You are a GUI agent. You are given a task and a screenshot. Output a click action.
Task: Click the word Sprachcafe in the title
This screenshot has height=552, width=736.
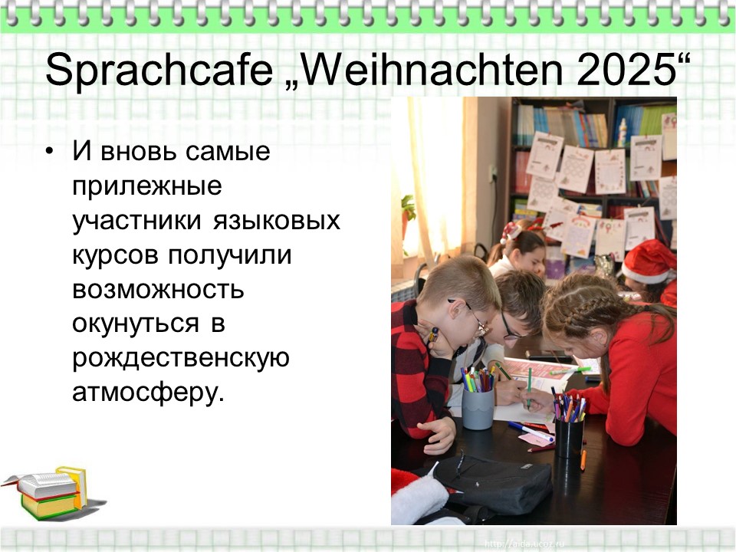pyautogui.click(x=159, y=71)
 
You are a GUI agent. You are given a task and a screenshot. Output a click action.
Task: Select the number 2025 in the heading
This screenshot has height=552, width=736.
pyautogui.click(x=626, y=70)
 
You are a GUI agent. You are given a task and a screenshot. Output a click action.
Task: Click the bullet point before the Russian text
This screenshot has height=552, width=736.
pyautogui.click(x=50, y=151)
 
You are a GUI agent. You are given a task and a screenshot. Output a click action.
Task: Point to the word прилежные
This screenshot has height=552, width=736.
pyautogui.click(x=147, y=186)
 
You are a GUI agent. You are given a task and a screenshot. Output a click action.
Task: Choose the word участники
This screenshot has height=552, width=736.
pyautogui.click(x=136, y=221)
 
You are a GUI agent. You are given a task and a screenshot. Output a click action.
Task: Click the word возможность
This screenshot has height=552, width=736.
pyautogui.click(x=158, y=289)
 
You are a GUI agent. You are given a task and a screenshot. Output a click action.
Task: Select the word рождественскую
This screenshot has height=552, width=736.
pyautogui.click(x=181, y=359)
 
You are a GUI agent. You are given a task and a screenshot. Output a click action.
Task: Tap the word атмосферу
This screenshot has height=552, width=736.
pyautogui.click(x=148, y=393)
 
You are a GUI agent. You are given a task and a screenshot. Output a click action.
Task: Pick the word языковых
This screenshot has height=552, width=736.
pyautogui.click(x=277, y=221)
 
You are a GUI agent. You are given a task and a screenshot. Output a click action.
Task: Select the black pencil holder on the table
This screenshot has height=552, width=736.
pyautogui.click(x=569, y=438)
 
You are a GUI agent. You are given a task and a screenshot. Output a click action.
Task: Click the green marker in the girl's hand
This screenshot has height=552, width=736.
pyautogui.click(x=528, y=388)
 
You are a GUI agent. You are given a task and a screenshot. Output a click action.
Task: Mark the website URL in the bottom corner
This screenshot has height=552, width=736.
pyautogui.click(x=524, y=544)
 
